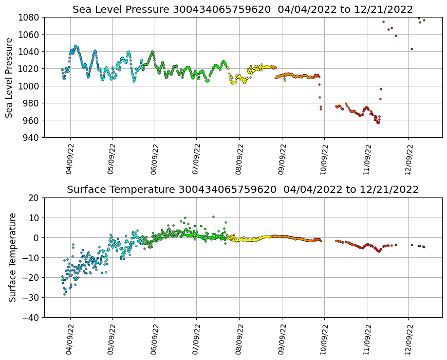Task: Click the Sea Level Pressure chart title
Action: [243, 9]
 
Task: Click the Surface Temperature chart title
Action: [243, 189]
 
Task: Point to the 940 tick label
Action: [32, 137]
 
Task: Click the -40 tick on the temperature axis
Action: [31, 317]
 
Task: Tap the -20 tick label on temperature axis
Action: [31, 278]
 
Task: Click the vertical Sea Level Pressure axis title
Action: [10, 77]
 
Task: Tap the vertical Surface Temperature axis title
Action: [12, 257]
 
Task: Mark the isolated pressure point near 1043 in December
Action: [412, 49]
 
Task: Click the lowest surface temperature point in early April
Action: [65, 294]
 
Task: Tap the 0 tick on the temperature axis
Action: [38, 238]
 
